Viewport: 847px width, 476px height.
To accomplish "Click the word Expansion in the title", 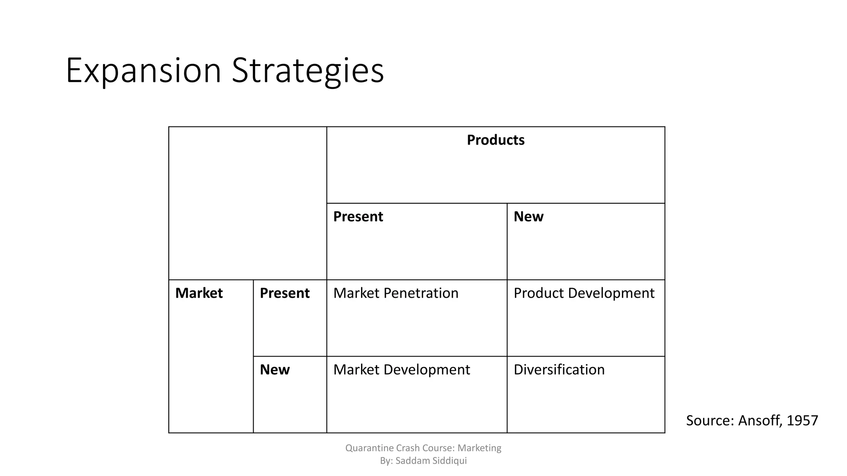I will coord(143,71).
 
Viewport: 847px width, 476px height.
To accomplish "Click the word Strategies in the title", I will coord(308,71).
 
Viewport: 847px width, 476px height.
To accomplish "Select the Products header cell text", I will coord(495,140).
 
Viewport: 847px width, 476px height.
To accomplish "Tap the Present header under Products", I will coord(358,217).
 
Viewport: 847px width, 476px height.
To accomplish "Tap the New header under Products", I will coord(528,217).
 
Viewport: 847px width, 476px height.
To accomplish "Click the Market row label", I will coord(199,293).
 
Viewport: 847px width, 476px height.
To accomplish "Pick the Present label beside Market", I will coord(285,293).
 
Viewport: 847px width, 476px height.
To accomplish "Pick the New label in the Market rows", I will coord(275,369).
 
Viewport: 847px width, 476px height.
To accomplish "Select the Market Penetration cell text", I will coord(396,293).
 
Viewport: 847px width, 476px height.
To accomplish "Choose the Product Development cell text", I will coord(584,293).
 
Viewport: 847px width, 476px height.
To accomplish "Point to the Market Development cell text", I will coord(402,369).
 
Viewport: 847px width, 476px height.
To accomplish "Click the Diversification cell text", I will coord(559,369).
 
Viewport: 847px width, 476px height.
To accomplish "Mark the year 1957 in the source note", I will coord(802,421).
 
